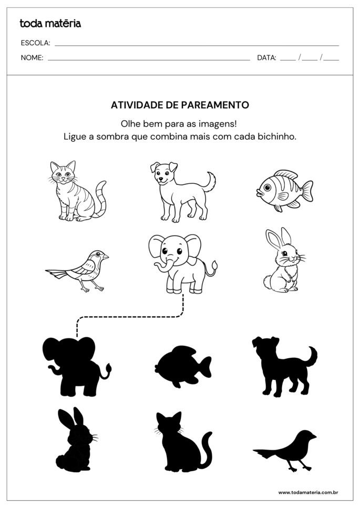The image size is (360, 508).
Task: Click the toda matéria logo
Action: pos(50,23)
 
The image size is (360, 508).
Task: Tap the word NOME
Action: pos(32,58)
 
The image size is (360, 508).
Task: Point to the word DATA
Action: pos(266,58)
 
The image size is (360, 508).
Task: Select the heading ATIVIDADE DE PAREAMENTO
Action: pos(180,105)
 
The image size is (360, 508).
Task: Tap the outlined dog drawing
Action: pos(181,190)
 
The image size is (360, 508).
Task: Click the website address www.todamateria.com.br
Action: pos(307,492)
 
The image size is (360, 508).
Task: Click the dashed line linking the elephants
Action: pos(131,317)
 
